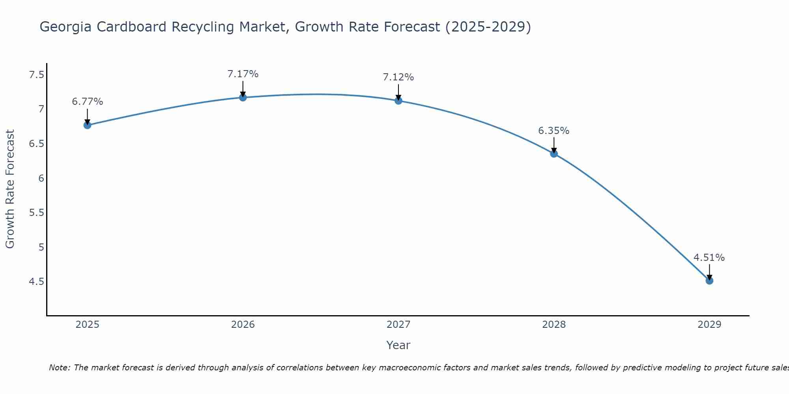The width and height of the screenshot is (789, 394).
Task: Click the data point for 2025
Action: click(x=87, y=125)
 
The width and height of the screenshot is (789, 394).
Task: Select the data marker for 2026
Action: click(x=243, y=97)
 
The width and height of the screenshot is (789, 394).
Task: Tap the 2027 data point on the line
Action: click(x=398, y=101)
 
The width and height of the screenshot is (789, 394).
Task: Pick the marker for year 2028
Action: click(x=554, y=154)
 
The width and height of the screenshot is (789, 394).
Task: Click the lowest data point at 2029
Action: click(x=709, y=281)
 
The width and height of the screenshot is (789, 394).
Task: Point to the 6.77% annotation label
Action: click(x=87, y=102)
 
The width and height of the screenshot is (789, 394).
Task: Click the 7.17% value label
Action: click(x=243, y=74)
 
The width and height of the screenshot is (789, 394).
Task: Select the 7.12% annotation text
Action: click(x=398, y=77)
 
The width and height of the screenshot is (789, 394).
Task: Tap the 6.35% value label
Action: click(x=554, y=130)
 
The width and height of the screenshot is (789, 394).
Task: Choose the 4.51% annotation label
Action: click(x=709, y=258)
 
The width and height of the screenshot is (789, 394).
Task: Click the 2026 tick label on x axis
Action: click(x=243, y=325)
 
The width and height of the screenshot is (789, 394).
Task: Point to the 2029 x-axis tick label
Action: click(x=709, y=325)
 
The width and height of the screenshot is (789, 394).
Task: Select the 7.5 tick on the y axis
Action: click(x=36, y=74)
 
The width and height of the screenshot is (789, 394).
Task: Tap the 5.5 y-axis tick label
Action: click(x=36, y=213)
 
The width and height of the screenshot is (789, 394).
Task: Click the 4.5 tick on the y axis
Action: click(x=36, y=282)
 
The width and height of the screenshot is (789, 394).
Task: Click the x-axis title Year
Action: click(x=398, y=345)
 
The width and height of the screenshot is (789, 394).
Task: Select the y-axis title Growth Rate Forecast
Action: click(x=10, y=189)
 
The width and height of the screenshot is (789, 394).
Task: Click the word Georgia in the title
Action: click(x=65, y=27)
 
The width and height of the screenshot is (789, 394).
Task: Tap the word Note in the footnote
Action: click(x=59, y=368)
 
